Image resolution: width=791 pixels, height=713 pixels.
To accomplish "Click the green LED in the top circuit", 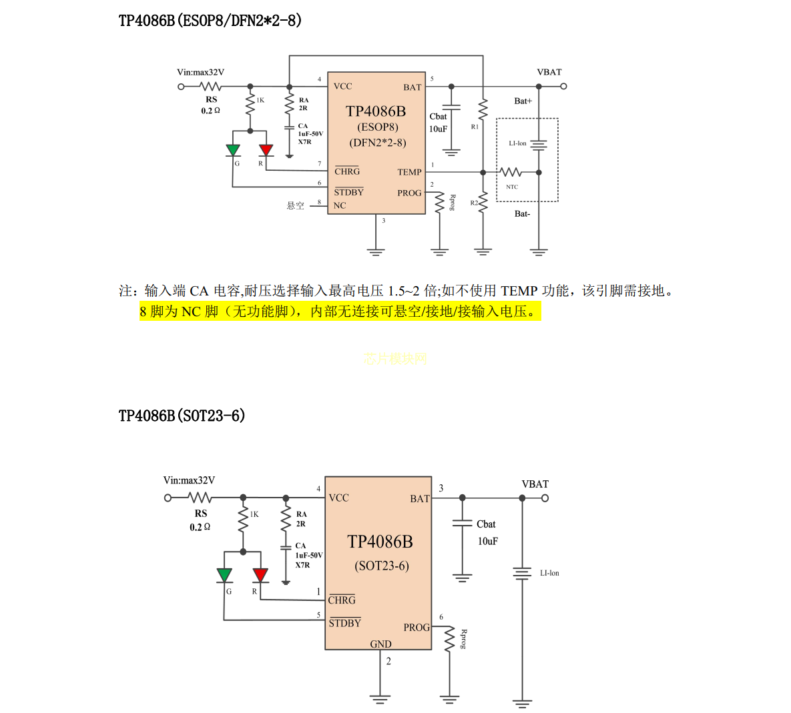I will [233, 151].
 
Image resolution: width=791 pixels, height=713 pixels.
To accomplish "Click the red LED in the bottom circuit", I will [260, 575].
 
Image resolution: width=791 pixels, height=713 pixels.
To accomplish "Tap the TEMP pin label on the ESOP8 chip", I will [409, 172].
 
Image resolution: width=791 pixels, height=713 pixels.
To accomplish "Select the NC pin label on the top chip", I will [340, 205].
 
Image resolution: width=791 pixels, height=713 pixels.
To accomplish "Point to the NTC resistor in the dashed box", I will [511, 172].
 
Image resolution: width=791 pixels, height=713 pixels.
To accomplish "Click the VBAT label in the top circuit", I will [549, 72].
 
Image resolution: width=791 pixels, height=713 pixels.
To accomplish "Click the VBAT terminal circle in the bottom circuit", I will [545, 498].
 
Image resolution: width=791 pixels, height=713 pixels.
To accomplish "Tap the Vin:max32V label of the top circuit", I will [200, 72].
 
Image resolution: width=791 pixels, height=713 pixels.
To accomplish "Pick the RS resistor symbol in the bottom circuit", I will [200, 498].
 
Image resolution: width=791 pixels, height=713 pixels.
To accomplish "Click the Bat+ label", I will [523, 101].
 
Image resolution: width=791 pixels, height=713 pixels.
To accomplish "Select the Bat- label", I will [522, 214].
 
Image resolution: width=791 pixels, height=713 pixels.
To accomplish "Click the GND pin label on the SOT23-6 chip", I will [380, 644].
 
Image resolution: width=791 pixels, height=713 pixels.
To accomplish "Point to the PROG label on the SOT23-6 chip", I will [417, 628].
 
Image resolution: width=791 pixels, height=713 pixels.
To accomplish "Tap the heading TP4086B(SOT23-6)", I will [182, 416].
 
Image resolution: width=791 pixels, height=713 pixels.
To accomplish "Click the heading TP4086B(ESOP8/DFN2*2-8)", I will [210, 21].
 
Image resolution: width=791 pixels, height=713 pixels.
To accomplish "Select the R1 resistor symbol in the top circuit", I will [483, 108].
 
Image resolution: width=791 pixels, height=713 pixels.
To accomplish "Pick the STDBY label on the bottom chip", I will [344, 623].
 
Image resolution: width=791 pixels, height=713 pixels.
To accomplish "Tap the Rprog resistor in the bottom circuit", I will [449, 638].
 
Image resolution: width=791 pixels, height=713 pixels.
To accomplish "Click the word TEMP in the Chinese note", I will [519, 291].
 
